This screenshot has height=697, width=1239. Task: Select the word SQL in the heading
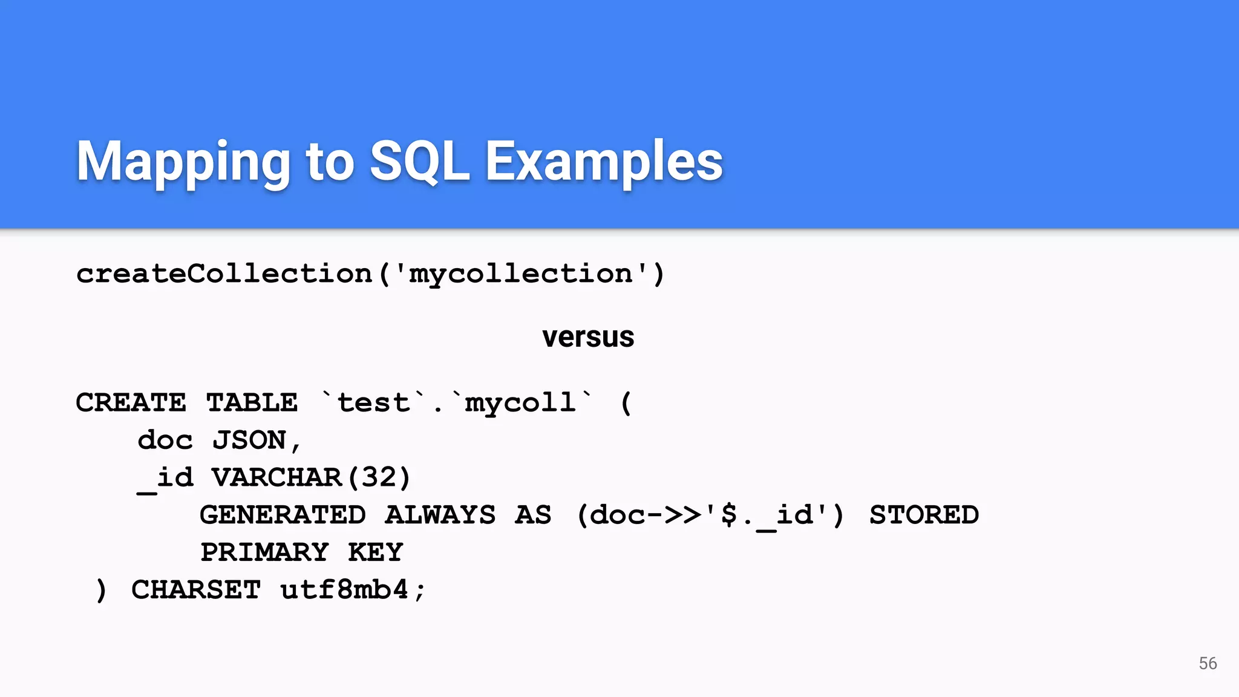[419, 162]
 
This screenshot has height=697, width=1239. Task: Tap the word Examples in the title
[604, 162]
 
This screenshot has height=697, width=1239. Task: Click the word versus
[588, 337]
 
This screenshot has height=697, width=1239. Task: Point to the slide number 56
[1208, 663]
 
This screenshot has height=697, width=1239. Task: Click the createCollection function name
[224, 274]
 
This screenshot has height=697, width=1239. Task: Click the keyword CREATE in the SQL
[131, 403]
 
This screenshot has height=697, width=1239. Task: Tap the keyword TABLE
[252, 403]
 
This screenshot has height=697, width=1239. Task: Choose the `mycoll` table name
[521, 403]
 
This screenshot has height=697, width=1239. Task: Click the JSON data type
[249, 440]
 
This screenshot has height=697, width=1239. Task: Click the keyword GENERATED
[283, 515]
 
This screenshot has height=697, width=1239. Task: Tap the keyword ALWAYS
[440, 515]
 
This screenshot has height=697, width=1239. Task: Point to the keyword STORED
[924, 515]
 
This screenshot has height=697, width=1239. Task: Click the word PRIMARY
[264, 552]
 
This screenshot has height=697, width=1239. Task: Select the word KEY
[375, 552]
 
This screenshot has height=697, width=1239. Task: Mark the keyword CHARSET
[196, 590]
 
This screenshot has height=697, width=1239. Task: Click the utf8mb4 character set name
[344, 590]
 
